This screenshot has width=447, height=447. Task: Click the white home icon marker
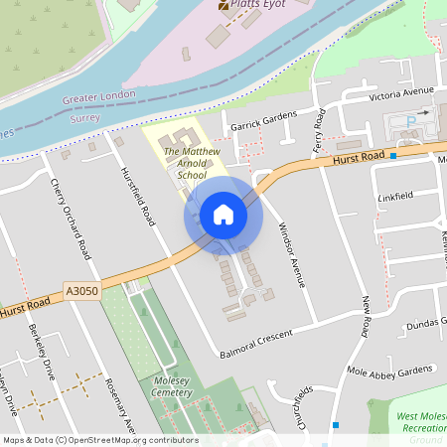click(x=223, y=215)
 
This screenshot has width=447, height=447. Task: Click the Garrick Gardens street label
click(x=264, y=121)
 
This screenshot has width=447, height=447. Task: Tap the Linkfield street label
click(x=394, y=197)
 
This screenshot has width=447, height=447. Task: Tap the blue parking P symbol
click(x=412, y=120)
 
